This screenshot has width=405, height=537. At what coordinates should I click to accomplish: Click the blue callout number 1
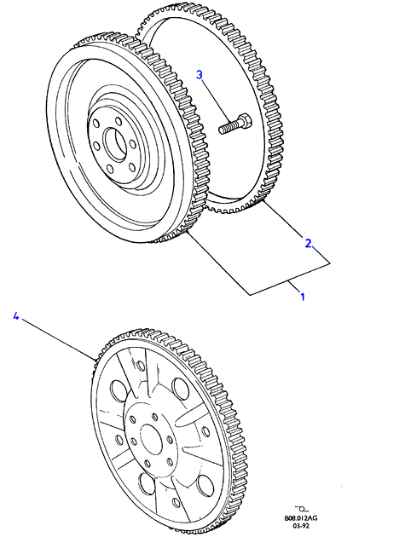pos(302,296)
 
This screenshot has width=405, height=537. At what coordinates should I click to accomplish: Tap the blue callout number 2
pos(309,243)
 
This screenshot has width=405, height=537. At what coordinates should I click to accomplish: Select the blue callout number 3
pos(200,75)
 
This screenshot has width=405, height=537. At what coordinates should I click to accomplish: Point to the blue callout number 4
pos(15,315)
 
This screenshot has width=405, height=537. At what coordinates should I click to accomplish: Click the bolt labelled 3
pos(234,124)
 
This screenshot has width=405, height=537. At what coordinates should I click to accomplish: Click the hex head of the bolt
pos(245,120)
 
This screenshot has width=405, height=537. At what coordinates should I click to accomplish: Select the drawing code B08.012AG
pos(301,518)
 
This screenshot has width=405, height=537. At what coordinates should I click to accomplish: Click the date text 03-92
pos(301,526)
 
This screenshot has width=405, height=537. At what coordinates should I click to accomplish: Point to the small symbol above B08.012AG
pos(301,508)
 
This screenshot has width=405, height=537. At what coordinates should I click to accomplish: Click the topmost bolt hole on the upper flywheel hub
pos(119,121)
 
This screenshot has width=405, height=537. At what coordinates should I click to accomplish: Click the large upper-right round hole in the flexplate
pos(180,387)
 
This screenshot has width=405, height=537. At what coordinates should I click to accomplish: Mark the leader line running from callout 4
pos(58,339)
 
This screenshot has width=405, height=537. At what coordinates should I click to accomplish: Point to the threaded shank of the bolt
pos(229,127)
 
